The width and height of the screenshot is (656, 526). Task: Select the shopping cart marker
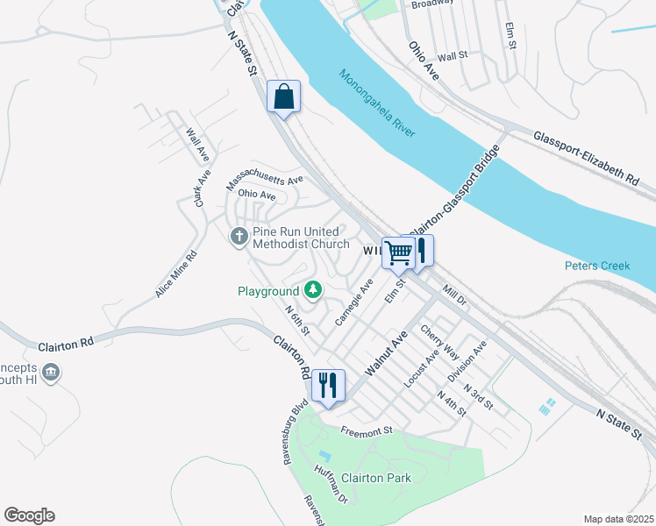pyautogui.click(x=399, y=252)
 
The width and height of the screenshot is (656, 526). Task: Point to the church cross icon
pyautogui.click(x=239, y=237)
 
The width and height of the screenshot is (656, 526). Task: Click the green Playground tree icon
pyautogui.click(x=311, y=290)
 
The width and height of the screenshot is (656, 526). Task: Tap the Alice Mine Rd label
pyautogui.click(x=176, y=274)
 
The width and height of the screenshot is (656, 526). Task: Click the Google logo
pyautogui.click(x=29, y=515)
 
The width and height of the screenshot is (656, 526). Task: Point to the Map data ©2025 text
pyautogui.click(x=618, y=519)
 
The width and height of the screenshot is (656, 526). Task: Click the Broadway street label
pyautogui.click(x=431, y=4)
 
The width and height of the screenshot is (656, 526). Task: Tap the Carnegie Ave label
pyautogui.click(x=354, y=302)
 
